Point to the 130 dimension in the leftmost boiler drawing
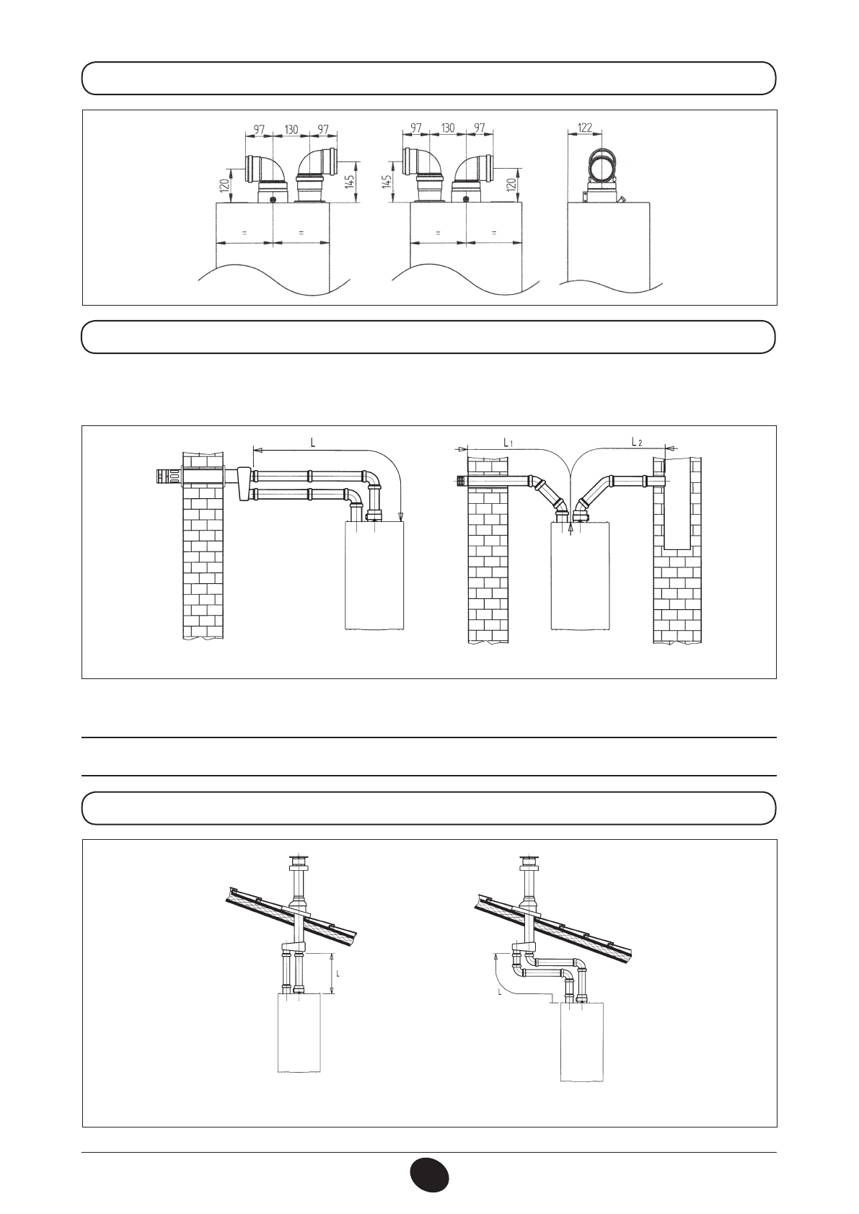click(x=291, y=129)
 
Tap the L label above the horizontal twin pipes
click(x=312, y=443)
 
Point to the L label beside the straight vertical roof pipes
click(x=338, y=972)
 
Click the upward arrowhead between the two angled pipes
click(x=571, y=527)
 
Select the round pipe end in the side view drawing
click(x=603, y=167)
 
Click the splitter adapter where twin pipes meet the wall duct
click(x=242, y=482)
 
